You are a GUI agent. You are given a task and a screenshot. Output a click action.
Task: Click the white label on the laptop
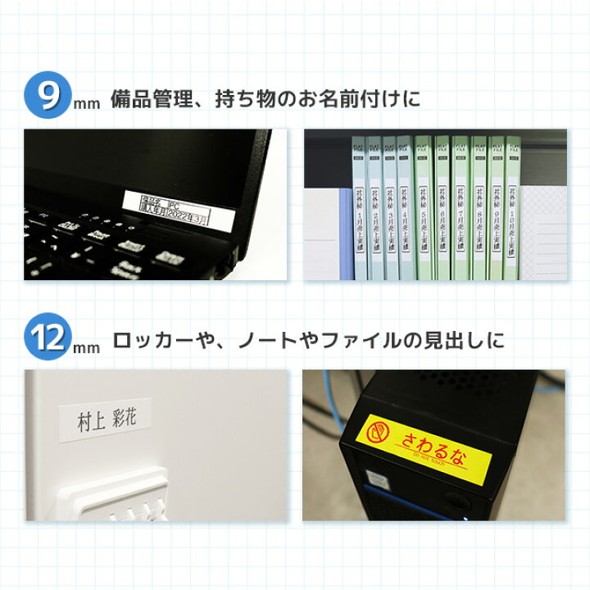[x=173, y=208]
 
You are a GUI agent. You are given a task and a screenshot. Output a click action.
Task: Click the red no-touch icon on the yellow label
[x=379, y=432]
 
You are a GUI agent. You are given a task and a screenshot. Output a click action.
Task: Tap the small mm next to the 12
[x=86, y=348]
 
